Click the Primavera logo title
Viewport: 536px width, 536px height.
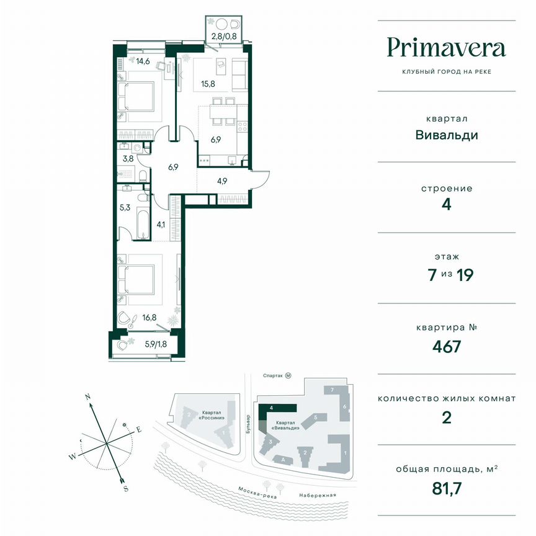[447, 48]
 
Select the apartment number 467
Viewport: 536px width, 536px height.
[447, 346]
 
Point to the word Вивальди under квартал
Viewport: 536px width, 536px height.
[447, 135]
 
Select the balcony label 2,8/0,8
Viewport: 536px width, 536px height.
[222, 36]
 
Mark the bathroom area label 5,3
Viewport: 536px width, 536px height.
[125, 208]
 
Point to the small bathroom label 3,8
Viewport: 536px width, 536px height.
[128, 158]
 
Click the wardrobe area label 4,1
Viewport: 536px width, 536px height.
[161, 224]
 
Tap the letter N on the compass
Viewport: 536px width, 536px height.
[88, 396]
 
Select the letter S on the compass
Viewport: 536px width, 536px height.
[126, 488]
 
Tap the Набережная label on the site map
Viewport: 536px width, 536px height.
[316, 494]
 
